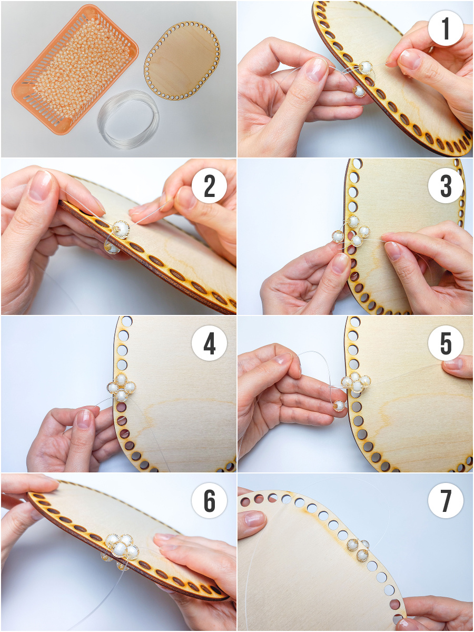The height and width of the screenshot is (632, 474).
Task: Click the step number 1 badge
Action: coord(446,28)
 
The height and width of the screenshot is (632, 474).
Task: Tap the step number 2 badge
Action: coord(209,186)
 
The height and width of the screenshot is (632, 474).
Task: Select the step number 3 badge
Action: coord(446,186)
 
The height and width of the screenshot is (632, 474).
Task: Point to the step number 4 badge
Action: coord(209,343)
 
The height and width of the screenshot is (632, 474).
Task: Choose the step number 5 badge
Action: coord(446,343)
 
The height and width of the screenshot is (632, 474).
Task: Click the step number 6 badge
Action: coord(209,501)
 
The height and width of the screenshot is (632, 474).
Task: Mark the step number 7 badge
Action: coord(446,501)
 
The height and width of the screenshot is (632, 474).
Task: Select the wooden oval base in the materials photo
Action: coord(182,61)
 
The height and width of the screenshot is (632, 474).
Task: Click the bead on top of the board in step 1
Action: coord(366,67)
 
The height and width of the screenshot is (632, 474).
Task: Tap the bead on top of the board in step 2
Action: coord(121,229)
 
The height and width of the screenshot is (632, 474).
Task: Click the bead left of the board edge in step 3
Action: coord(338,236)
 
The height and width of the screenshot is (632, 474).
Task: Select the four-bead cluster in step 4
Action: coord(122,387)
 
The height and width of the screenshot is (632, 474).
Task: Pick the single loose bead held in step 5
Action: coord(340,406)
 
